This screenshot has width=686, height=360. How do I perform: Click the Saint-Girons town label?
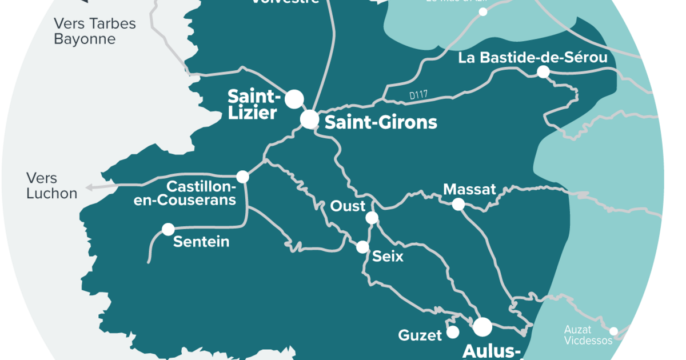[x=381, y=122]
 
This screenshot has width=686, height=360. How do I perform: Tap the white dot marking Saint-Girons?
[x=309, y=119]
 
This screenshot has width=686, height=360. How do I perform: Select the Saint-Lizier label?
[x=253, y=104]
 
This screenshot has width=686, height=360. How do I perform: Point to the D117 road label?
[x=419, y=96]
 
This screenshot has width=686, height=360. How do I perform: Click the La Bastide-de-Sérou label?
[x=532, y=58]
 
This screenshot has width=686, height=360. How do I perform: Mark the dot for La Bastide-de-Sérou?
[x=543, y=72]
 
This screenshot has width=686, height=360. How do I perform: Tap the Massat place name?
[x=470, y=189]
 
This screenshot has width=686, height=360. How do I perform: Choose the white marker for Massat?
[x=458, y=205]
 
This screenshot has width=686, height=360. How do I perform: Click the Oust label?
[x=348, y=206]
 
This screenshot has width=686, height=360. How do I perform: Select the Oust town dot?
[x=372, y=218]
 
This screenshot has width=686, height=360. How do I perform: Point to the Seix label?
[x=388, y=257]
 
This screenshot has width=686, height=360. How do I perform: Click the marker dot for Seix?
[x=362, y=247]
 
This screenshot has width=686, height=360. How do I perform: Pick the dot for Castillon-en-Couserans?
[x=243, y=177]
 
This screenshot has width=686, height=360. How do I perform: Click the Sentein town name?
[x=201, y=242]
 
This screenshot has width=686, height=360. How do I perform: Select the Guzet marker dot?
[x=453, y=332]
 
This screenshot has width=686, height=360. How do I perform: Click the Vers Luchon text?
[x=51, y=186]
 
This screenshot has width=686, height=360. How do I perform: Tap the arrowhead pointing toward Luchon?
[x=89, y=187]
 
